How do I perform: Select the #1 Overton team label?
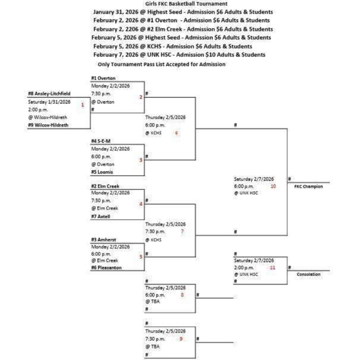coord(103,78)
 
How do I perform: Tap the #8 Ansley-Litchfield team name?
coord(49,94)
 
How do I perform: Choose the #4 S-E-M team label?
coord(101,141)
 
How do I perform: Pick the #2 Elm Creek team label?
coord(105,186)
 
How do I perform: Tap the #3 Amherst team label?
coord(103,240)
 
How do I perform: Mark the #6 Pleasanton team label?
coord(106,267)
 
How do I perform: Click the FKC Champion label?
coord(308,186)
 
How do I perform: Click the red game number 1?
coord(83,105)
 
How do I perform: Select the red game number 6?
coord(177,133)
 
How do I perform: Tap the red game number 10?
coord(273,186)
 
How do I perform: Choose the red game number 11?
coord(273,267)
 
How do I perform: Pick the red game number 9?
coord(181,339)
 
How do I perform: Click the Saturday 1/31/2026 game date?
coord(49,102)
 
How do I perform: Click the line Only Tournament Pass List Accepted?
coord(161,64)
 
